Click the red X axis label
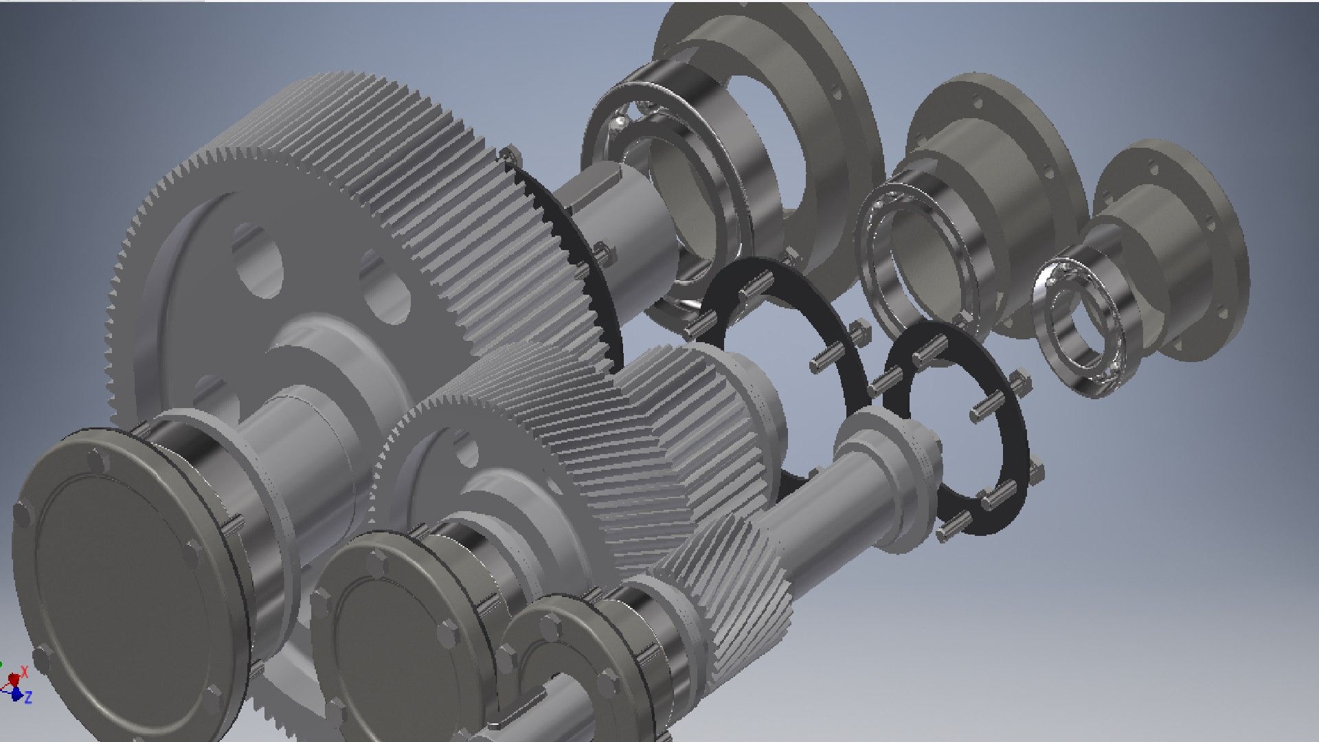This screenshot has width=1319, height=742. coord(25,671)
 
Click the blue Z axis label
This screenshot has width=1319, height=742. coord(28,698)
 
